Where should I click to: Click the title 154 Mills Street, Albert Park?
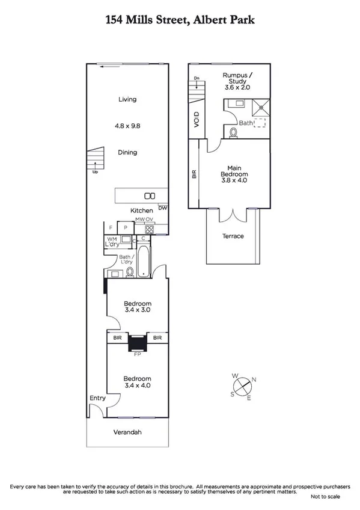(180, 20)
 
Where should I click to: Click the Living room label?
(127, 99)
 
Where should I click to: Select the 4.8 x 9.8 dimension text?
(127, 126)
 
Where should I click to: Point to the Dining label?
(127, 152)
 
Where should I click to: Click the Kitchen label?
(142, 210)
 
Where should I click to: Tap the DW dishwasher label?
(162, 208)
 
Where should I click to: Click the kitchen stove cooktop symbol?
(143, 229)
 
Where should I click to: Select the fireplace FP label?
(138, 354)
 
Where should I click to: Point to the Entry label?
(97, 398)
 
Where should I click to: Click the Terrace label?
(233, 236)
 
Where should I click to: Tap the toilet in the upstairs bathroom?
(233, 132)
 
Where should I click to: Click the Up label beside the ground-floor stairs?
(95, 172)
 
